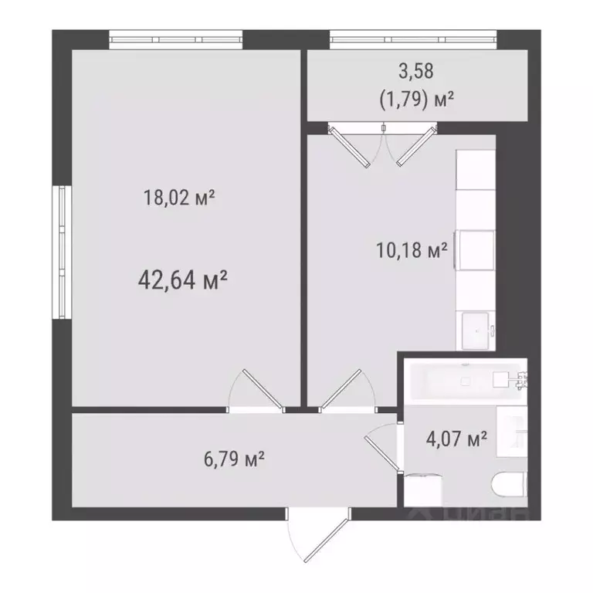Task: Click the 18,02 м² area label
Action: (178, 198)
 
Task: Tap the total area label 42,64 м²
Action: (181, 280)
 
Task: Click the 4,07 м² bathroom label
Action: (456, 440)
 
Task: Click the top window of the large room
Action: (175, 36)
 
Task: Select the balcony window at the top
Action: (412, 36)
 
